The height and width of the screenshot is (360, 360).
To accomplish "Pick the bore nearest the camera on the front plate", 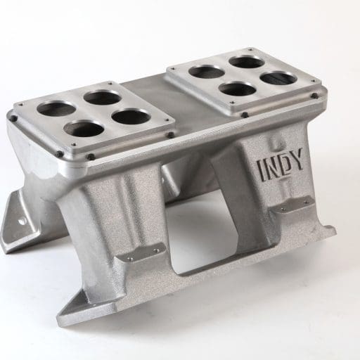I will [x=86, y=129].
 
